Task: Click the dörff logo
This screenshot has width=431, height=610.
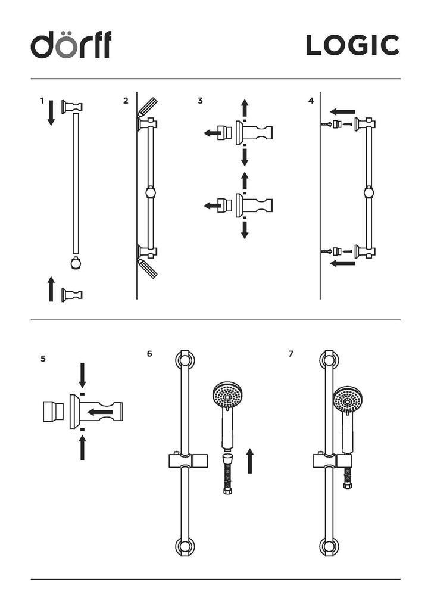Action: coord(71,45)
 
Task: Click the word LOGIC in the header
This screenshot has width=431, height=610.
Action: coord(352,46)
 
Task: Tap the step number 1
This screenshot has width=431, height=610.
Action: coord(42,101)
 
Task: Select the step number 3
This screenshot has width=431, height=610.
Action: coord(200,101)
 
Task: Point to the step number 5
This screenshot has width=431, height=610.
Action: coord(43,359)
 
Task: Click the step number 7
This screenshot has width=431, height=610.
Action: coord(291,354)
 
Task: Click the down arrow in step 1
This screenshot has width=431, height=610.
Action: coord(51,112)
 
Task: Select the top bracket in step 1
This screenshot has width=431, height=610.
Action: coord(72,107)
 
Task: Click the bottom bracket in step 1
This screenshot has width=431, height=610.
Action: coord(72,294)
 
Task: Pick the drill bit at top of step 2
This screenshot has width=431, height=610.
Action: coord(148,107)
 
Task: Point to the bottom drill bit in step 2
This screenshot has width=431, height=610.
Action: coord(148,268)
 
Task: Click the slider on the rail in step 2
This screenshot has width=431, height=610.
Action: coord(151,192)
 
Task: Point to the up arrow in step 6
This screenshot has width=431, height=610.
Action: coord(250,460)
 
